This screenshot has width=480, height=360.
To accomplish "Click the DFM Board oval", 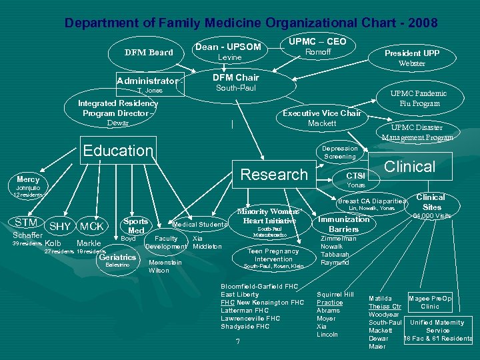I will click(x=149, y=53).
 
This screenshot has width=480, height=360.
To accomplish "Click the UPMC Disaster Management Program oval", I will click(x=417, y=132).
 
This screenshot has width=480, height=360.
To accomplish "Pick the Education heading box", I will click(x=117, y=151).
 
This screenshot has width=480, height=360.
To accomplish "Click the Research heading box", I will click(x=273, y=175).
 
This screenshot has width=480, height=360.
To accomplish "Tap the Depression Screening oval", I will click(x=340, y=153).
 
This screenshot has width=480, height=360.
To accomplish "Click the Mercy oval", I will click(x=28, y=180).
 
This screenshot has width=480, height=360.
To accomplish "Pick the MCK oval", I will click(x=90, y=227).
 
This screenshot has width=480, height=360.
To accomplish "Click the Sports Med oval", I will click(x=136, y=225).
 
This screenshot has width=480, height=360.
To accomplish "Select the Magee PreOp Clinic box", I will click(x=430, y=303).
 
